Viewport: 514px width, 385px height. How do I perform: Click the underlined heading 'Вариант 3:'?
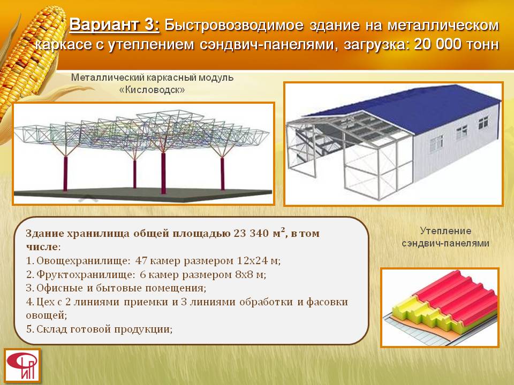[x=115, y=25]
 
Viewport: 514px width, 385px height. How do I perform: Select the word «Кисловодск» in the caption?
[x=152, y=90]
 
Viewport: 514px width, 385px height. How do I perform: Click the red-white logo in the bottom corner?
[x=22, y=365]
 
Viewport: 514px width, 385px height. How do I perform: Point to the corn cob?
[x=29, y=62]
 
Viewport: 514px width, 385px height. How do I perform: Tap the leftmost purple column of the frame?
[x=65, y=173]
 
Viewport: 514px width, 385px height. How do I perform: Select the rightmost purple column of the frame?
[x=222, y=174]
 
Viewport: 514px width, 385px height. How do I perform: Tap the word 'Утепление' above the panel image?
[x=445, y=231]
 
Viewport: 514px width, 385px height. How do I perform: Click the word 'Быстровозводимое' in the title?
[x=234, y=26]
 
